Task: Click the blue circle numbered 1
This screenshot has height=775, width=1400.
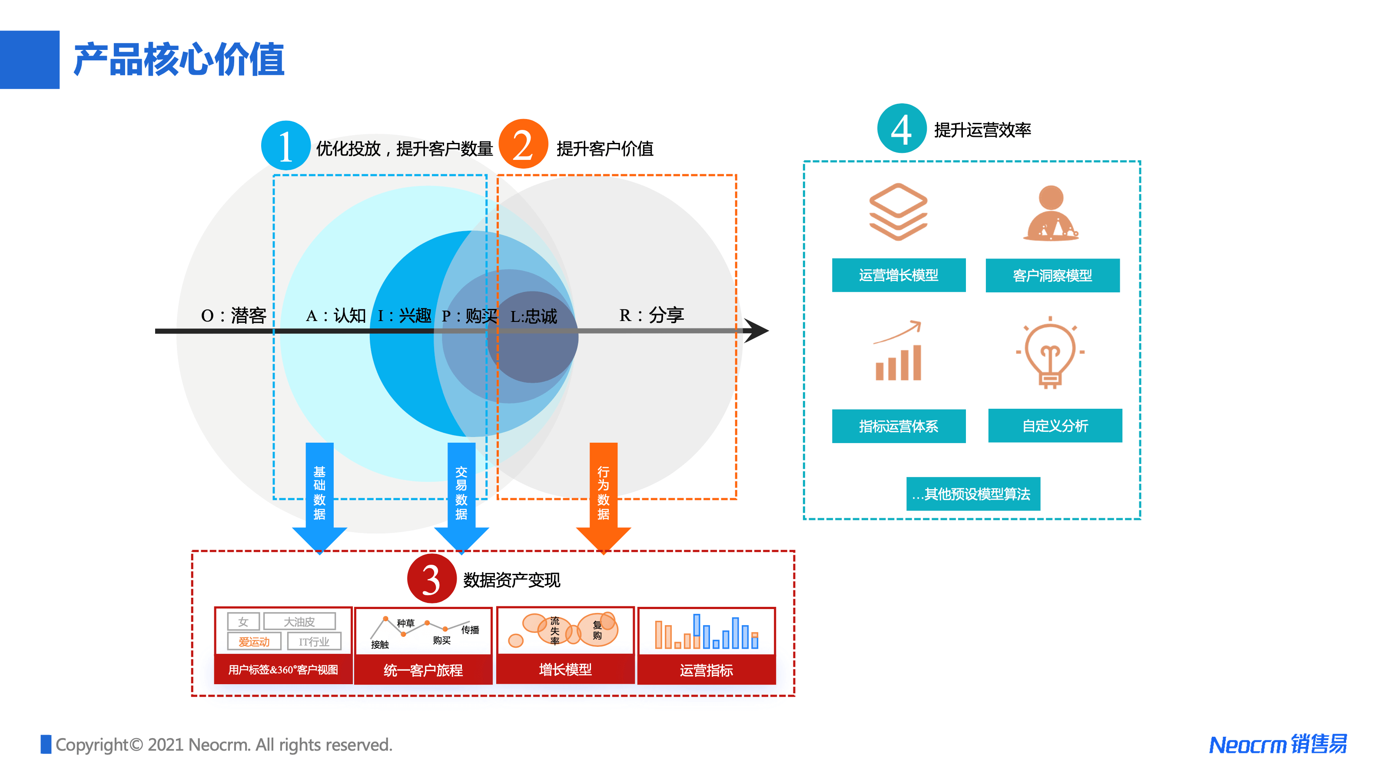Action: tap(285, 146)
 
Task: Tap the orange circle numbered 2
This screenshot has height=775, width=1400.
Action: tap(523, 144)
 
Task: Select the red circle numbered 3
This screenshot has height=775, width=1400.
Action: tap(431, 578)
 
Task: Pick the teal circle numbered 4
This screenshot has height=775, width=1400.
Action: tap(901, 129)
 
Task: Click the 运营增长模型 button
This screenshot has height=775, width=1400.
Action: tap(899, 275)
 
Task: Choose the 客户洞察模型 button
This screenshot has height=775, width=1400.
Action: tap(1052, 275)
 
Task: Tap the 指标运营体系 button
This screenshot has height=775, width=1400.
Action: tap(899, 426)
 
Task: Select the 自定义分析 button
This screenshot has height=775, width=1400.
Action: tap(1055, 426)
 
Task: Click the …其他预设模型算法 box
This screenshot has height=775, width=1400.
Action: tap(973, 493)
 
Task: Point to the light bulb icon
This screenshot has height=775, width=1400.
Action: tap(1050, 353)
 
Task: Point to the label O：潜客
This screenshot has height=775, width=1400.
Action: tap(233, 315)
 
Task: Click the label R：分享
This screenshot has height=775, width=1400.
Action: tap(651, 315)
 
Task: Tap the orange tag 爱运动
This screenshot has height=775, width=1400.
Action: tap(254, 642)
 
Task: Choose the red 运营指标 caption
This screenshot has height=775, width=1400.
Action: tap(706, 670)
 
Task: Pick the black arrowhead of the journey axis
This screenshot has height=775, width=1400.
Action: tap(756, 331)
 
